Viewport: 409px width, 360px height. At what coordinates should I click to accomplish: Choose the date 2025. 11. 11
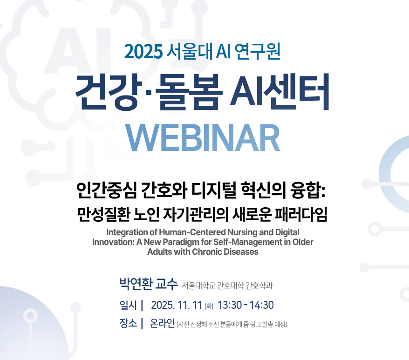177,306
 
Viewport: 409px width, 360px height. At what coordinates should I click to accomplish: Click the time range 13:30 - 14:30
245,306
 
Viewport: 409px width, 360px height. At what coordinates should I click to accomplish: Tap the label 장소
128,324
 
